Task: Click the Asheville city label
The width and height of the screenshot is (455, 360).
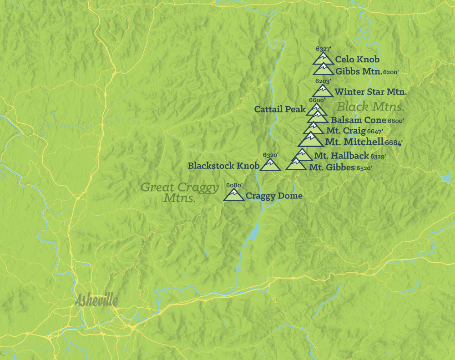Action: (96, 300)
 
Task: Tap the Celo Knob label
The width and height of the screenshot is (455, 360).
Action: (357, 60)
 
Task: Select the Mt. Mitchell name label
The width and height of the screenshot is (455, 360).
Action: (354, 142)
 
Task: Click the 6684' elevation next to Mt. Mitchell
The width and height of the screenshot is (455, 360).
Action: (394, 143)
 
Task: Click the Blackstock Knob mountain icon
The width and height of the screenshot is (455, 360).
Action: (270, 165)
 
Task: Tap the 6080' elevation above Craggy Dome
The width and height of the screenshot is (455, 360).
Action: (234, 185)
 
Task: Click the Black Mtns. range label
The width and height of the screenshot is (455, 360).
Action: (370, 107)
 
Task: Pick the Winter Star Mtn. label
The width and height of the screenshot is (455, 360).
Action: (370, 92)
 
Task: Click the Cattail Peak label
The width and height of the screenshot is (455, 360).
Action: (280, 109)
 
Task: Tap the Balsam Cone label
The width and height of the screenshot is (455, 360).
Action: (359, 120)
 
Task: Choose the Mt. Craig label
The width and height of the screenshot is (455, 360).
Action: (345, 131)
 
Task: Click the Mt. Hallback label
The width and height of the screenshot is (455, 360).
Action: (341, 156)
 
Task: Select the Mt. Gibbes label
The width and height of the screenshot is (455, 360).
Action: (332, 168)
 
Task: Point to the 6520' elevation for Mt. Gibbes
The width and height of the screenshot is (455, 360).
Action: (364, 168)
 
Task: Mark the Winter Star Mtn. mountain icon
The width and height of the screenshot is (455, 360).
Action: (323, 91)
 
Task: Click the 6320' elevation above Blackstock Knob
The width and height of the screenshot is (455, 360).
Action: (270, 155)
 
